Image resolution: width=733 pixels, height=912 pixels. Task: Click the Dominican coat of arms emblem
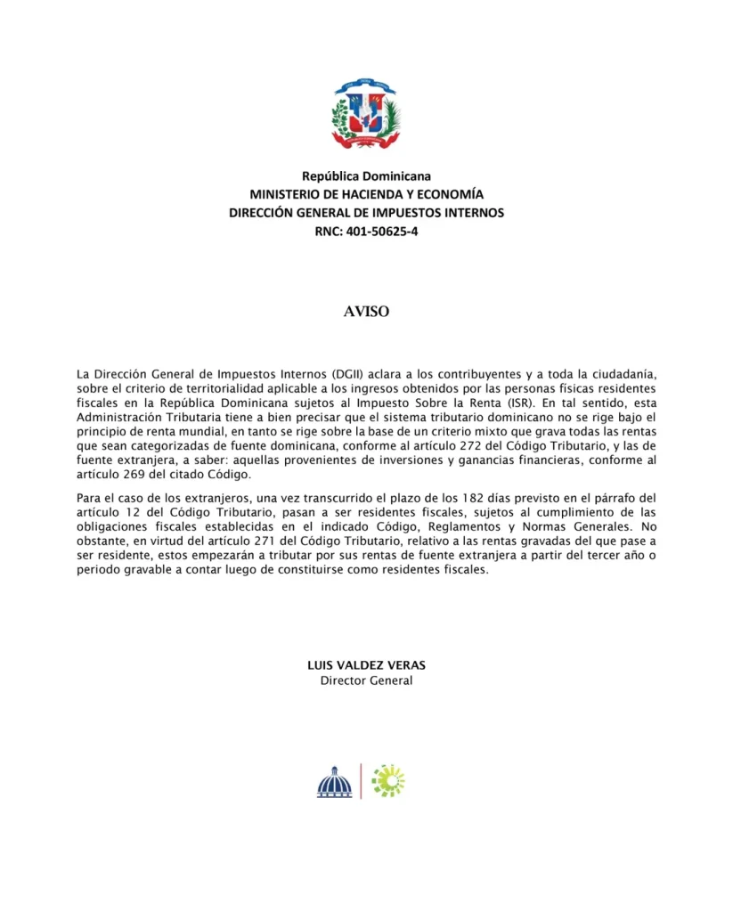pyautogui.click(x=366, y=113)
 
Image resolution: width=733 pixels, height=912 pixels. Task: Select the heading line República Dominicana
pyautogui.click(x=366, y=176)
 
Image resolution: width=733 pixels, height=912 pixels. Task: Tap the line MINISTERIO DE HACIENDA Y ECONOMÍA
pyautogui.click(x=366, y=194)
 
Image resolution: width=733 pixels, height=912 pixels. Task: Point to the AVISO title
pyautogui.click(x=366, y=313)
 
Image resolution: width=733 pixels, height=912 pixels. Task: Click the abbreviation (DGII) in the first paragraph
pyautogui.click(x=326, y=374)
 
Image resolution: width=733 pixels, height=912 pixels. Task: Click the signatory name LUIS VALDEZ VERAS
pyautogui.click(x=366, y=665)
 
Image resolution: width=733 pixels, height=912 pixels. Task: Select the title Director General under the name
pyautogui.click(x=366, y=681)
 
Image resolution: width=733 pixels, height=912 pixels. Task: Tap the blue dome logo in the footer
pyautogui.click(x=335, y=782)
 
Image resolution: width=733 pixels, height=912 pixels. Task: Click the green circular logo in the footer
pyautogui.click(x=388, y=780)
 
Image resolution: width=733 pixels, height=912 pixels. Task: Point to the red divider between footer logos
pyautogui.click(x=361, y=781)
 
